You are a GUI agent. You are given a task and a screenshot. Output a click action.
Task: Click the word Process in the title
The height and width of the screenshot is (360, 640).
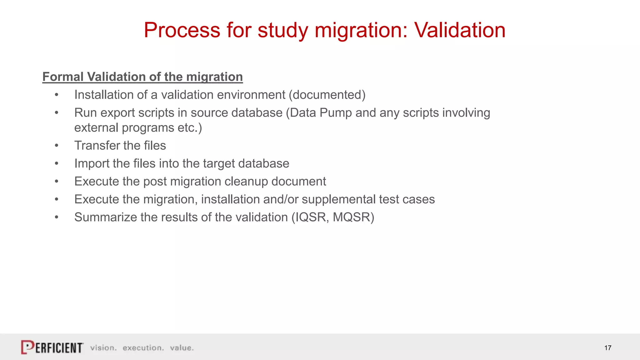pyautogui.click(x=182, y=30)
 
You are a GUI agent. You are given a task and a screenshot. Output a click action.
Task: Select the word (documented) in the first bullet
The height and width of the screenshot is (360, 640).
pyautogui.click(x=327, y=95)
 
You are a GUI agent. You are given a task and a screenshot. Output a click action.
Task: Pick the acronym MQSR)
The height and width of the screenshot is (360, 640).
pyautogui.click(x=353, y=217)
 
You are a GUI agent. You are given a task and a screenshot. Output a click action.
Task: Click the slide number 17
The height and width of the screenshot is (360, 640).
pyautogui.click(x=607, y=348)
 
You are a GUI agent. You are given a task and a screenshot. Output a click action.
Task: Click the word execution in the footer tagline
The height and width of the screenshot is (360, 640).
pyautogui.click(x=143, y=348)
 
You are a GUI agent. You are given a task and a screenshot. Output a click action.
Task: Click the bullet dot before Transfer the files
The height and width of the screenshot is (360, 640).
pyautogui.click(x=57, y=146)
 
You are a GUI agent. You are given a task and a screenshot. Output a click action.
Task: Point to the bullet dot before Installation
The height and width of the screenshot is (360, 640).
pyautogui.click(x=57, y=95)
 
